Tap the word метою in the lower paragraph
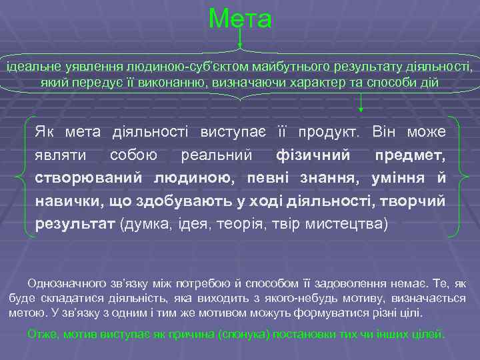(x=26, y=312)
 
